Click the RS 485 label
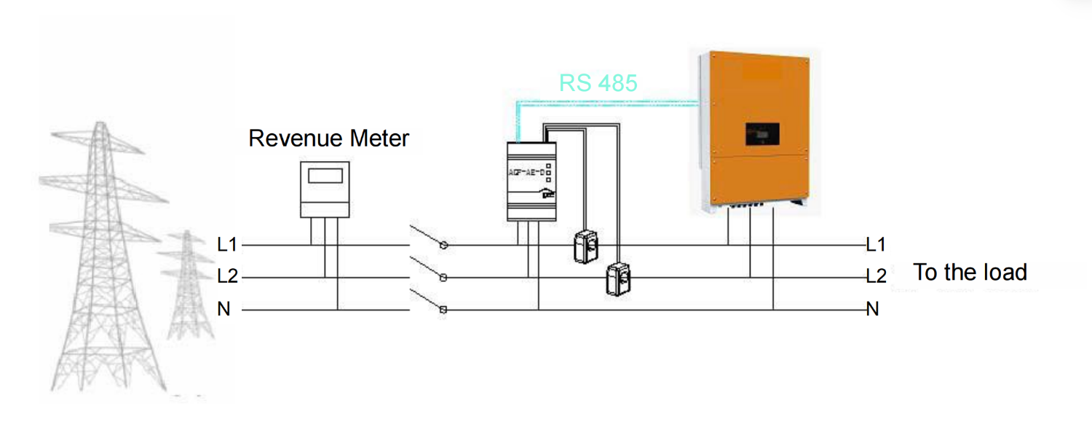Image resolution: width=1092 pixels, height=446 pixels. coord(598,83)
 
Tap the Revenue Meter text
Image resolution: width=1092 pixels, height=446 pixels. coord(329,138)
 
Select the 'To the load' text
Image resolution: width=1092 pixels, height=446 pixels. coord(970,273)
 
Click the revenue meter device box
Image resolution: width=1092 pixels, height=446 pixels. coord(324,189)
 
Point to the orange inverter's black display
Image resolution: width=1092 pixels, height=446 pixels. coord(761,134)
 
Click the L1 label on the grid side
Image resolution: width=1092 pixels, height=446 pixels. coord(227,245)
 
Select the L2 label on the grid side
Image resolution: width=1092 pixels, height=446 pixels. coord(227,277)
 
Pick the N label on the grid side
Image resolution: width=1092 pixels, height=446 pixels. coord(224,310)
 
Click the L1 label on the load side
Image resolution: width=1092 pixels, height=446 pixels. coord(876,245)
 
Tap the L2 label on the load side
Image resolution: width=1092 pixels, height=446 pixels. coord(876,277)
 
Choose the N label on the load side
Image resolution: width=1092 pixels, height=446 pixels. coord(873,310)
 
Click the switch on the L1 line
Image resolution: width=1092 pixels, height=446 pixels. coord(429,238)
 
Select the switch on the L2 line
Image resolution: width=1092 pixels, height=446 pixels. coord(429,269)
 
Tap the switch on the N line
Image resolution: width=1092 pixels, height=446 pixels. coord(429,302)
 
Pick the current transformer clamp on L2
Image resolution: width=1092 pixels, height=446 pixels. coord(618,278)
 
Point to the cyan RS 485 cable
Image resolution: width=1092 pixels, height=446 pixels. coord(604,103)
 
